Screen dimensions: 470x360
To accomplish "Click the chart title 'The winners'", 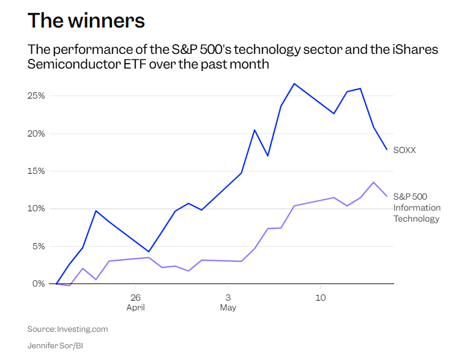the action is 86,21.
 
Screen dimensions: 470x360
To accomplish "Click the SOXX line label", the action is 405,150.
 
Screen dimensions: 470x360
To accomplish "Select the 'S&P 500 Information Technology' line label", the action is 417,208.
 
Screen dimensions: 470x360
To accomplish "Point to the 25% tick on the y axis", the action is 36,96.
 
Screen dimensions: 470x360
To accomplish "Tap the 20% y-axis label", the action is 36,133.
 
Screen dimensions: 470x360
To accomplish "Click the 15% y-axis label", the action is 36,171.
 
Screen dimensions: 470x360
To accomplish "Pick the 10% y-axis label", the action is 36,209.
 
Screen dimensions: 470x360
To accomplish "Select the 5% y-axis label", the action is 38,246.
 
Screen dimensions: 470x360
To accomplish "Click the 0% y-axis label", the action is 39,284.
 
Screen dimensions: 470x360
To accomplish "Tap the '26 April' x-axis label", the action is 135,302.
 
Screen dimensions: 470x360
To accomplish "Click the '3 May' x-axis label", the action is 228,302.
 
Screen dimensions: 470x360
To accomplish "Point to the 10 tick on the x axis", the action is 321,298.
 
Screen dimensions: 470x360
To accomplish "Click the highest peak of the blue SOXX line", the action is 294,84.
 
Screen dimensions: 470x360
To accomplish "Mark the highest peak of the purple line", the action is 373,182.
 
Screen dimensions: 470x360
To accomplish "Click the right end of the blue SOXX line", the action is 387,149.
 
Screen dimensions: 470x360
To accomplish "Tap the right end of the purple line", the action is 387,196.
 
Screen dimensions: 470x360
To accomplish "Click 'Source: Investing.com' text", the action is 68,329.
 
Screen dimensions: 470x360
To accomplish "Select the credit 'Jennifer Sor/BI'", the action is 55,345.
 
